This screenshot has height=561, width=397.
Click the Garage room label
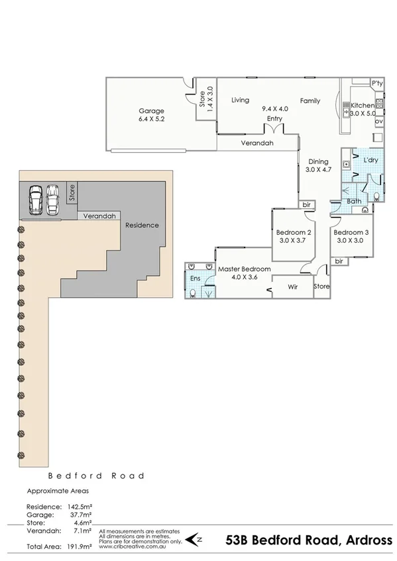tap(151, 110)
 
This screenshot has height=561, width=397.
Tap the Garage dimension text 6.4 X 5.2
tap(151, 120)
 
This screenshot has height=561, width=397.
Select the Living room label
tap(240, 101)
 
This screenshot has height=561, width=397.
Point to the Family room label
tap(310, 101)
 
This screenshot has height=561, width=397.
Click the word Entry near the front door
tap(274, 118)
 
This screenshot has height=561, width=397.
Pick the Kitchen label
tap(363, 105)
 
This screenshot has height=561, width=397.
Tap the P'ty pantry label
tap(377, 83)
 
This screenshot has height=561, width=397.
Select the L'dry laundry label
tap(370, 161)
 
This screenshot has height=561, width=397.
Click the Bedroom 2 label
tap(294, 232)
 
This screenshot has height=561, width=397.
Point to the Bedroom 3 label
tap(351, 232)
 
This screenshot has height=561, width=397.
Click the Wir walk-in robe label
tap(292, 286)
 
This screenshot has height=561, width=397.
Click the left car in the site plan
tap(35, 199)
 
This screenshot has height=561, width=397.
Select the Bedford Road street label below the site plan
tap(96, 476)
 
